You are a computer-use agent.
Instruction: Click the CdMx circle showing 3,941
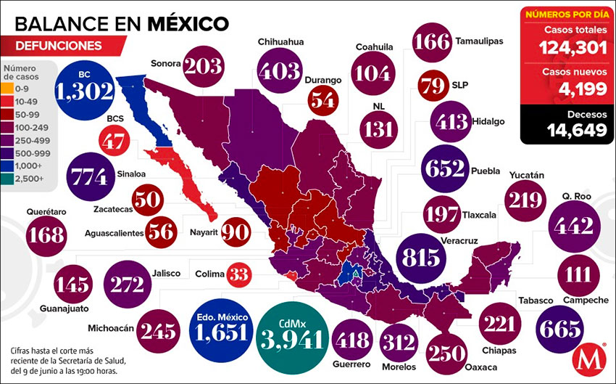(x=289, y=335)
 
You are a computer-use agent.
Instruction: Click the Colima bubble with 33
(x=238, y=274)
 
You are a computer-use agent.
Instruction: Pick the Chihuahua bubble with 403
(x=280, y=70)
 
